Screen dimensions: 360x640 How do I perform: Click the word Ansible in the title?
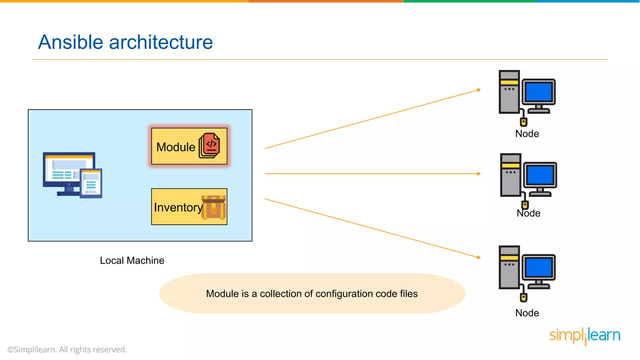click(71, 42)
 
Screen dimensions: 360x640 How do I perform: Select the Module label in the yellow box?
click(176, 147)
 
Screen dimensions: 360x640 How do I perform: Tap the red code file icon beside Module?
click(210, 146)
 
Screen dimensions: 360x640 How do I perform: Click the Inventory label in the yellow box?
click(178, 207)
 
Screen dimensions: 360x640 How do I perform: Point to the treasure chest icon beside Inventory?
click(214, 207)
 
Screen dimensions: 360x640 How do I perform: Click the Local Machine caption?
click(132, 260)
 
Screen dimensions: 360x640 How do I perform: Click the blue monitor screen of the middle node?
click(540, 175)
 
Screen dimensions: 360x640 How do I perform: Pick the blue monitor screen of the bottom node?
click(539, 267)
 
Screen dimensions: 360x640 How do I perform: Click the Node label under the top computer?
click(527, 134)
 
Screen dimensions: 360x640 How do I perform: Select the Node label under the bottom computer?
click(527, 313)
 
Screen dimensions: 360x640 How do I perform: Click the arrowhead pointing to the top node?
click(479, 90)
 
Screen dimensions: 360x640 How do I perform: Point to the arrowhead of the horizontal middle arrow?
click(479, 173)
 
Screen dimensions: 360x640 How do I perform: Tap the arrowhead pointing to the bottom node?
click(479, 257)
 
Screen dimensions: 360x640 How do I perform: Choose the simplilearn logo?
click(585, 336)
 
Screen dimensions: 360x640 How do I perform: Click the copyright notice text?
click(67, 349)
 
